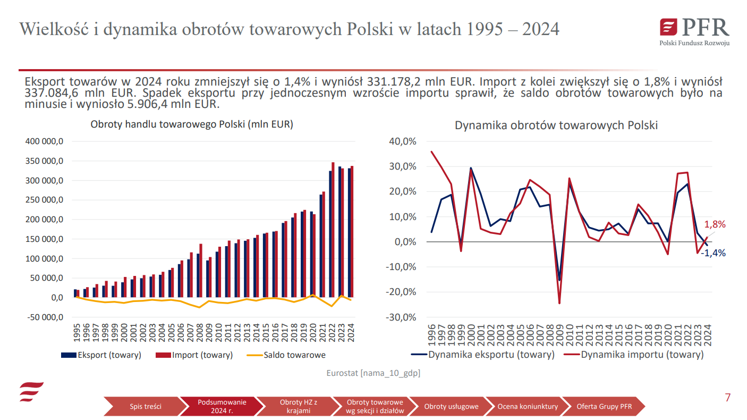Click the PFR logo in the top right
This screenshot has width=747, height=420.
pos(694,31)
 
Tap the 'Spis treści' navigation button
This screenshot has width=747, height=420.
pos(145,407)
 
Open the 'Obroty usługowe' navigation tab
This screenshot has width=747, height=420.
pos(451,407)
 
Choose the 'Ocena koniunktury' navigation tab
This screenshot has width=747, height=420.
pos(528,407)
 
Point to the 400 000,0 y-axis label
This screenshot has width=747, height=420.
pos(45,141)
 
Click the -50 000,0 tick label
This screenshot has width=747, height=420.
pos(45,317)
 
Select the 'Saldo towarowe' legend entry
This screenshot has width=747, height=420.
pos(294,355)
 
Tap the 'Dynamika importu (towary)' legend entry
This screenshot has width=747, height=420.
pos(642,355)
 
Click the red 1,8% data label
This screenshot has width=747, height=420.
pos(715,224)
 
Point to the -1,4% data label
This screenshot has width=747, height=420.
pos(713,253)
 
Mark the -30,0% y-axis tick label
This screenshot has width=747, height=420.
pos(402,317)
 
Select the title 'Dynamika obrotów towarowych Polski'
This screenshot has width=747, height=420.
pos(556,125)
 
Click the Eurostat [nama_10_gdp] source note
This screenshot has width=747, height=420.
pos(373,373)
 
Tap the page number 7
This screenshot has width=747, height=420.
pos(727,398)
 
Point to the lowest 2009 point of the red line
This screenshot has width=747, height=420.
pos(559,303)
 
